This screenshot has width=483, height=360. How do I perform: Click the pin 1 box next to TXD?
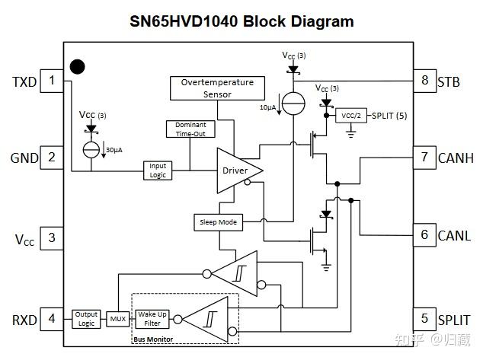click(x=52, y=81)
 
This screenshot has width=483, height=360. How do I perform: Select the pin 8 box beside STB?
click(x=425, y=81)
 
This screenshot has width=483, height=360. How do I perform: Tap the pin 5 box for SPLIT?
click(x=425, y=319)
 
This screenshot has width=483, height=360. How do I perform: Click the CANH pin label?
click(x=456, y=158)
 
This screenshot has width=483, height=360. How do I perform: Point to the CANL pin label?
click(x=454, y=236)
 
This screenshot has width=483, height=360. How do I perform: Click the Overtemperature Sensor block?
click(x=217, y=88)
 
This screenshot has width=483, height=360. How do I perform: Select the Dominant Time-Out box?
click(x=190, y=129)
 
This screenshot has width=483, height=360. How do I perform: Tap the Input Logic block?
click(x=158, y=170)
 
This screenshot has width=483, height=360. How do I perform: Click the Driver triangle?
click(x=235, y=170)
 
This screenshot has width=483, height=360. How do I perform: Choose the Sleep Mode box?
click(x=218, y=222)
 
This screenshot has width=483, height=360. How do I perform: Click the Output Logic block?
click(x=86, y=319)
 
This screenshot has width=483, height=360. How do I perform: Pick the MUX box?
click(x=118, y=319)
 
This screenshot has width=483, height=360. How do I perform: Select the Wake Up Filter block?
click(x=152, y=319)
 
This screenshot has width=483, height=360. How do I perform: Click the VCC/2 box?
click(x=351, y=116)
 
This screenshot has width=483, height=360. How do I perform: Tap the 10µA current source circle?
click(x=293, y=104)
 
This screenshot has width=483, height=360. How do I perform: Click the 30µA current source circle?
click(x=91, y=150)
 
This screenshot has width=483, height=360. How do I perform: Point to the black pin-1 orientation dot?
click(x=77, y=67)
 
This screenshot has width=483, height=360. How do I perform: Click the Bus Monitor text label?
click(x=153, y=339)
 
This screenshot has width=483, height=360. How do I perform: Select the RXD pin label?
click(x=24, y=320)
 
